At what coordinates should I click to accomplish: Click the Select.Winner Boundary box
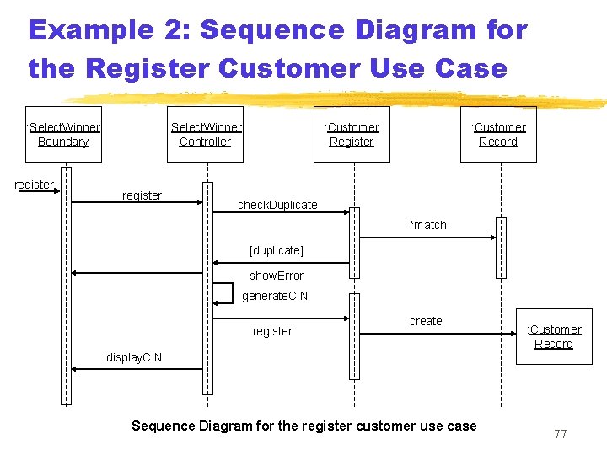pyautogui.click(x=63, y=134)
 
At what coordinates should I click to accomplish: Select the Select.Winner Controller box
pyautogui.click(x=205, y=134)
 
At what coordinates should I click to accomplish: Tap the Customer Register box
pyautogui.click(x=352, y=134)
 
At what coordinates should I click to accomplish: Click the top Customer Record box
pyautogui.click(x=498, y=134)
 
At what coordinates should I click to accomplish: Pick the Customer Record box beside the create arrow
pyautogui.click(x=554, y=336)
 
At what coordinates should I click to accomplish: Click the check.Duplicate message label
pyautogui.click(x=277, y=205)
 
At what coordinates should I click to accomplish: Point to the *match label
pyautogui.click(x=427, y=225)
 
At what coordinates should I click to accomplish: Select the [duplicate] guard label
pyautogui.click(x=277, y=250)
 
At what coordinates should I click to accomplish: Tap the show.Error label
pyautogui.click(x=277, y=276)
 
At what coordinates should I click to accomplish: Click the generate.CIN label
pyautogui.click(x=275, y=296)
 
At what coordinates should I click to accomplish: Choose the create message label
pyautogui.click(x=426, y=321)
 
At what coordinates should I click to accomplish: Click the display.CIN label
pyautogui.click(x=134, y=357)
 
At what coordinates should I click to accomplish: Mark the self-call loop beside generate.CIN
pyautogui.click(x=223, y=293)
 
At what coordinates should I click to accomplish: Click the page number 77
pyautogui.click(x=561, y=434)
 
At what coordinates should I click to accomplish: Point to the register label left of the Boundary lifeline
pyautogui.click(x=34, y=185)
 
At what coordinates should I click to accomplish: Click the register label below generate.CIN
pyautogui.click(x=272, y=331)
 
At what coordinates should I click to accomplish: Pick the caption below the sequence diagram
pyautogui.click(x=303, y=426)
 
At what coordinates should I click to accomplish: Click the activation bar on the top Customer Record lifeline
pyautogui.click(x=501, y=248)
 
